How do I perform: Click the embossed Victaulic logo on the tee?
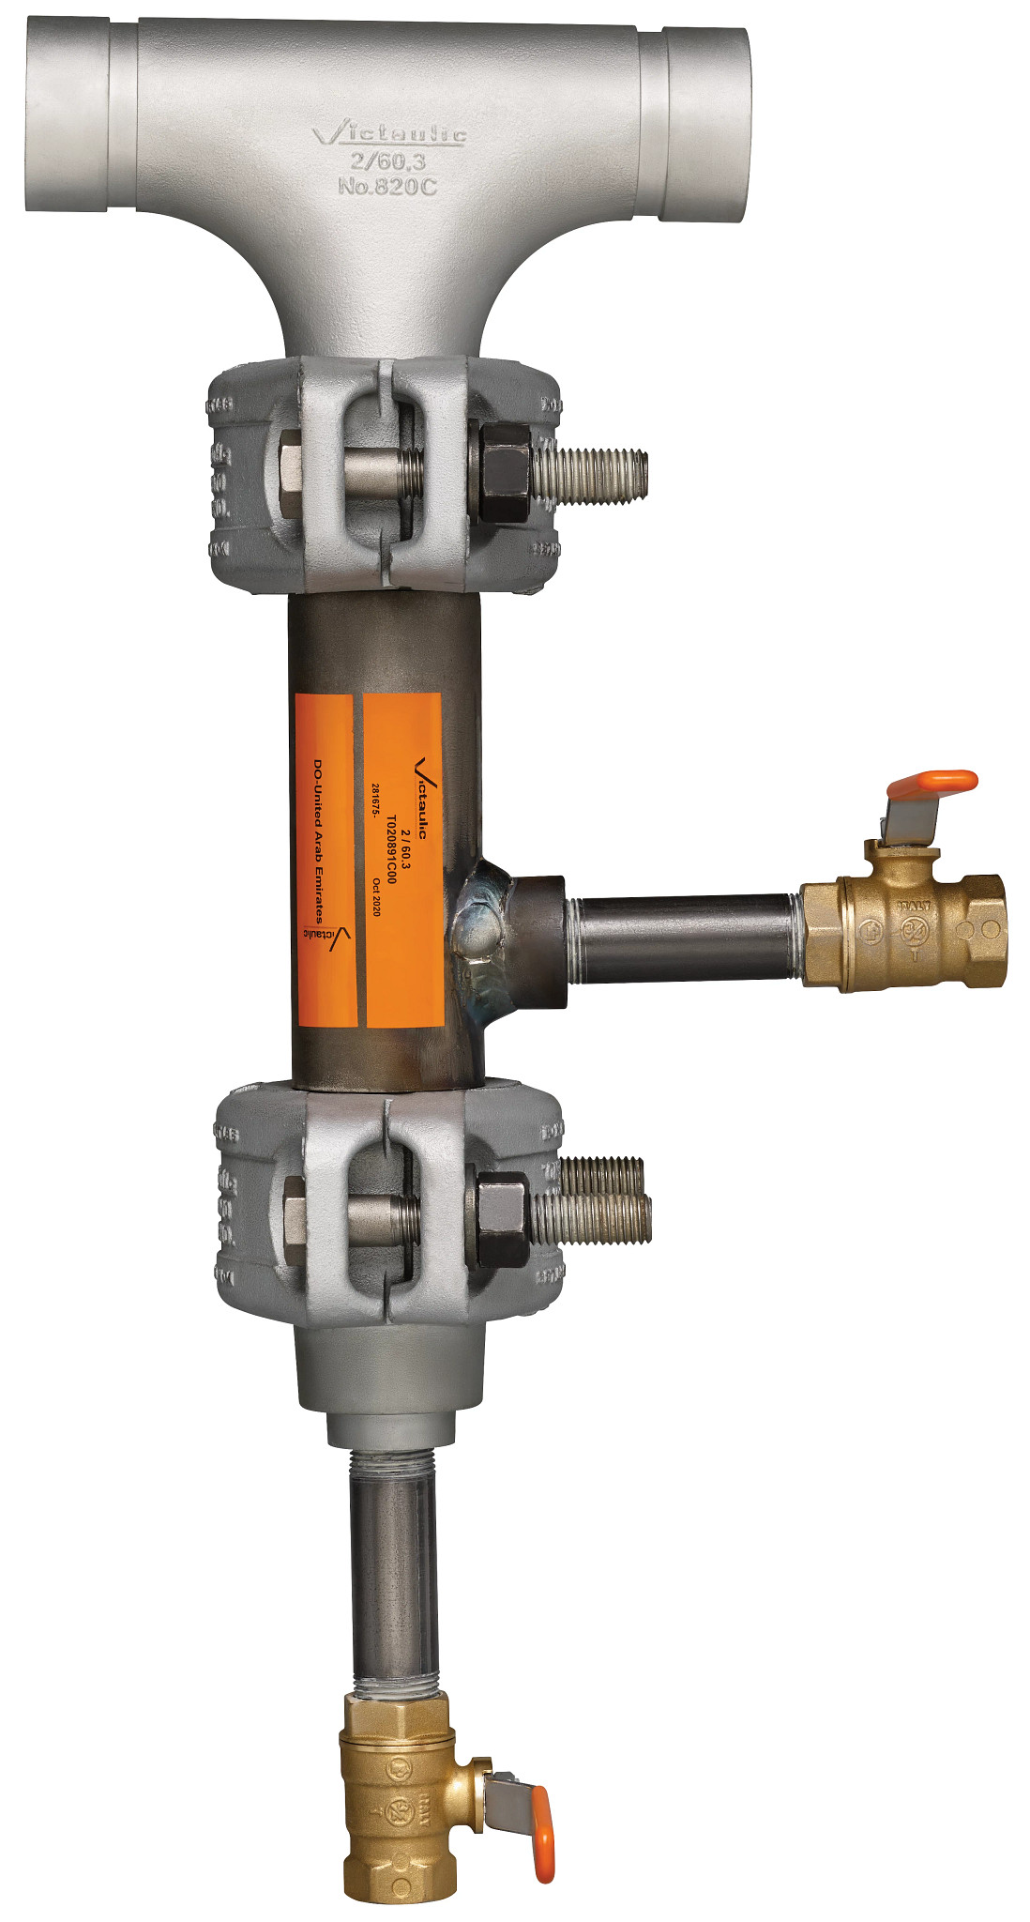coord(388,135)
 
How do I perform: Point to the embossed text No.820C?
coord(387,186)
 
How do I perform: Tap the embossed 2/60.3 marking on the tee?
coord(388,161)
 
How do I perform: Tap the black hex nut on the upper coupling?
coord(504,472)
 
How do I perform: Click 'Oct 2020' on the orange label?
coord(376,897)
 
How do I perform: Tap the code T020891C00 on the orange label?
coord(391,849)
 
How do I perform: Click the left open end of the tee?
coord(66,117)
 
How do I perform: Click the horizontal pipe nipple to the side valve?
coord(685,938)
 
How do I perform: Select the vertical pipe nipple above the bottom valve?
coord(395,1577)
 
